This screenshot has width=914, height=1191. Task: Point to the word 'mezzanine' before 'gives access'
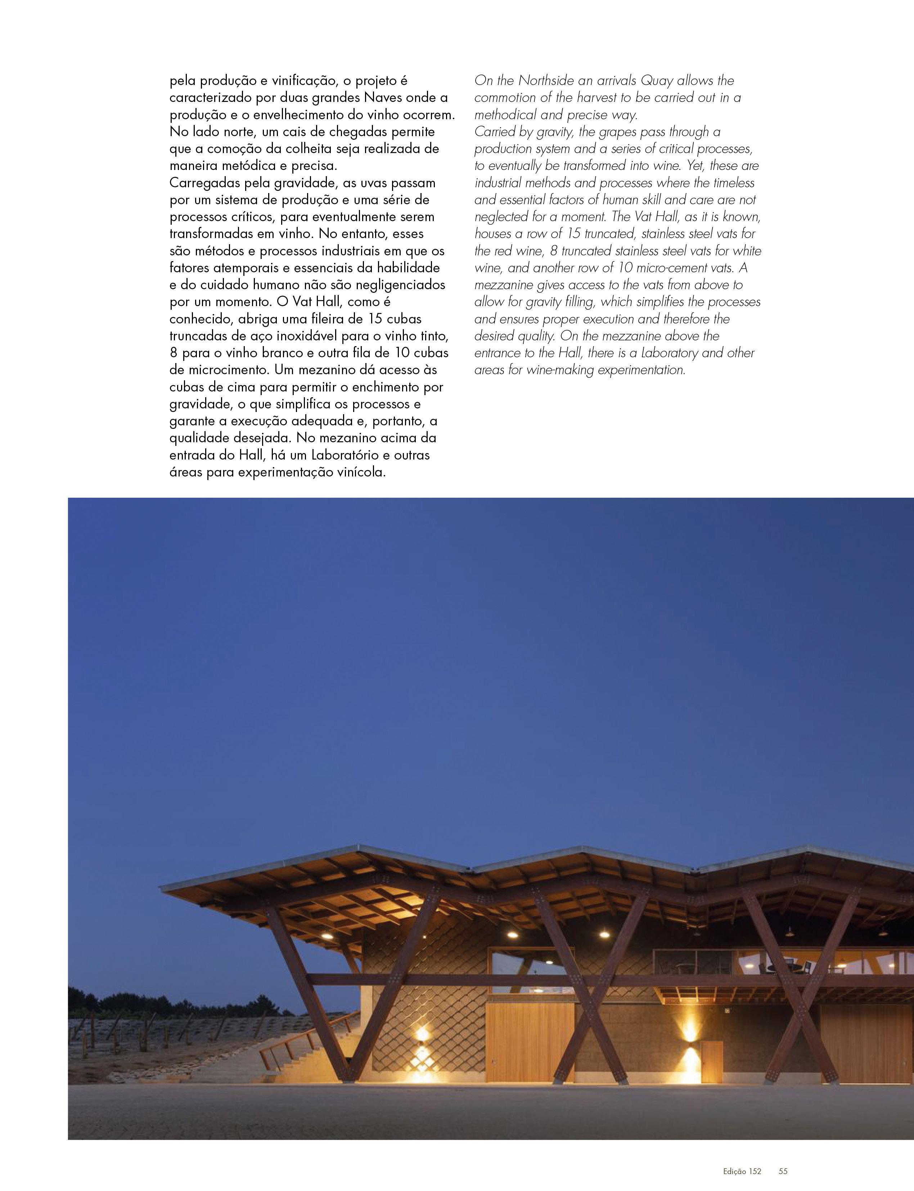tap(504, 285)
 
